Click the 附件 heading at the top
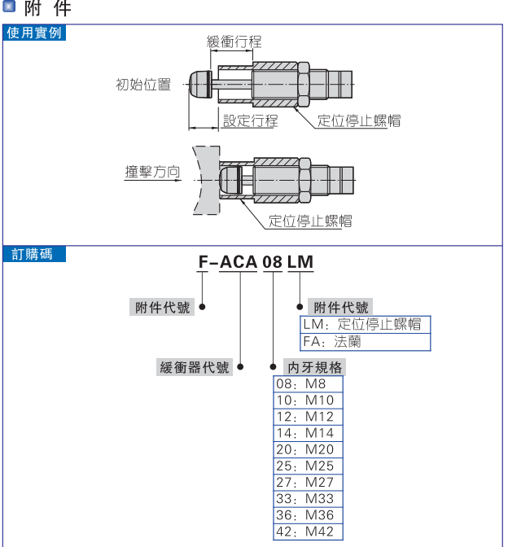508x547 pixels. [47, 10]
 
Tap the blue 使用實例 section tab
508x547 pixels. [34, 33]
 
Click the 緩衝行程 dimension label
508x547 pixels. [234, 42]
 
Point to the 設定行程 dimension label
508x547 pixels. [251, 120]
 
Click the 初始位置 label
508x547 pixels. [143, 84]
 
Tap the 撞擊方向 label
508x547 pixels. [152, 172]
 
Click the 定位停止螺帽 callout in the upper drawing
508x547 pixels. [358, 120]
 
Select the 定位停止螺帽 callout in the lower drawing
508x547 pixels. [310, 221]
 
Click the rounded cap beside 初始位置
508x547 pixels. [199, 83]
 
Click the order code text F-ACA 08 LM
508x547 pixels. [256, 262]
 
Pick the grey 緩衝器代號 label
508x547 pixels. [195, 367]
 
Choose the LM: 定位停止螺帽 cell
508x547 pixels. [365, 324]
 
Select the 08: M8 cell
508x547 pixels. [308, 383]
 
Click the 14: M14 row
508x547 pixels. [308, 433]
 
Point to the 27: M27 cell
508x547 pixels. [308, 483]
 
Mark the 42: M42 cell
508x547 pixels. [308, 532]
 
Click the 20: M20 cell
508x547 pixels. [308, 449]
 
